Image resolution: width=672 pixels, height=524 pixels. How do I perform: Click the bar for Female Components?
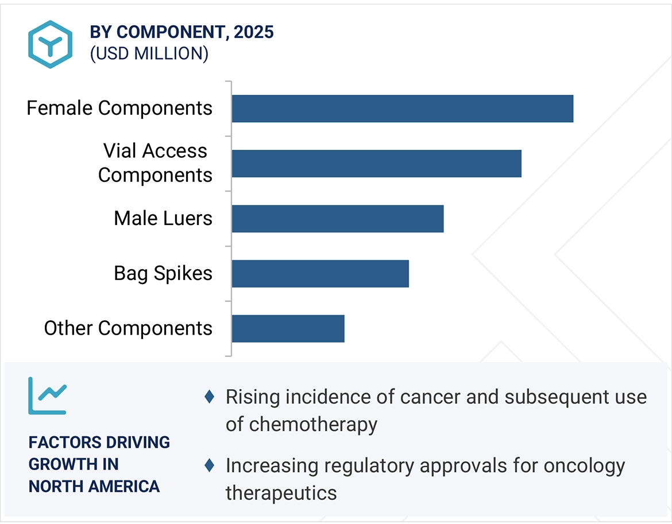[402, 108]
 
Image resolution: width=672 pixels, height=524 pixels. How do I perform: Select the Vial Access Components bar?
[376, 164]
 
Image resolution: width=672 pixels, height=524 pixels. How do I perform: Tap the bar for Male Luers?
[338, 219]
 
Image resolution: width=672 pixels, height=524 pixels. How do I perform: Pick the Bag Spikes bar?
[320, 274]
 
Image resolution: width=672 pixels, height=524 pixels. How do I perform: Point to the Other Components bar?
[288, 329]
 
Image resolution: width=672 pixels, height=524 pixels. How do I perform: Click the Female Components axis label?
[119, 108]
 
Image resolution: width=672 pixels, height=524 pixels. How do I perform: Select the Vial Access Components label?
[155, 163]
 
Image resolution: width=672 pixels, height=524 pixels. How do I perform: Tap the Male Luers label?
[163, 218]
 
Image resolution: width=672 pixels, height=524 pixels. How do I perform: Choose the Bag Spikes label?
[163, 273]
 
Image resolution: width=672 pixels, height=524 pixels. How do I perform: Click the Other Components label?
[128, 328]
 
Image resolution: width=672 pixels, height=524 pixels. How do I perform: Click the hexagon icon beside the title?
[51, 44]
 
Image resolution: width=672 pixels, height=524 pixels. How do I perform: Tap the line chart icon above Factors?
[47, 395]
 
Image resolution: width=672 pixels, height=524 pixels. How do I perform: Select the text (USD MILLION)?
[149, 53]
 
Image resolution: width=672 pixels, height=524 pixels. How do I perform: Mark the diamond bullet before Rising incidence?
[210, 397]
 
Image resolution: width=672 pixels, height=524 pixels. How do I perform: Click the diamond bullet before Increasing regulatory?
[210, 465]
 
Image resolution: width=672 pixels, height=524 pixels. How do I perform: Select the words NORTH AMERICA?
[94, 486]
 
